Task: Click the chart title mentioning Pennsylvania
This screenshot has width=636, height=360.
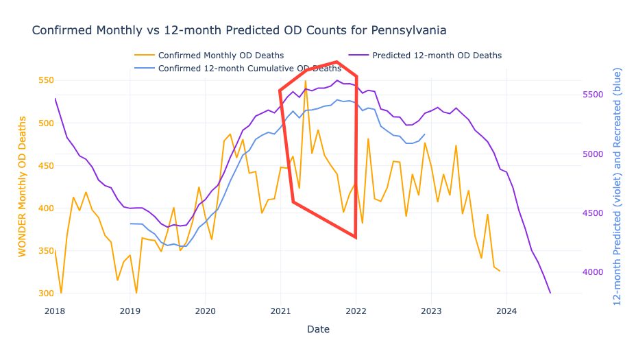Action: [x=239, y=31]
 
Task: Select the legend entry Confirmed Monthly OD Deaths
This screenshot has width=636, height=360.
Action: [x=221, y=56]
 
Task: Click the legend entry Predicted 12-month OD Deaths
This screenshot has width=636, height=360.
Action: [x=437, y=56]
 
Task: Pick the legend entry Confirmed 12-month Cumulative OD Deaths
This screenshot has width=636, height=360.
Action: [x=249, y=69]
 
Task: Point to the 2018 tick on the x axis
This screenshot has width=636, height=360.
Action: [x=55, y=311]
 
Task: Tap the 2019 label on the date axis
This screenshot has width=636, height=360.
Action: [x=130, y=311]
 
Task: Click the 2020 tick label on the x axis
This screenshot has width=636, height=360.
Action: [x=206, y=311]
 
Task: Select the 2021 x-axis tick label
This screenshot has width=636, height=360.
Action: [x=281, y=311]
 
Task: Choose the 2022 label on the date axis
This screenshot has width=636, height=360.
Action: [x=356, y=311]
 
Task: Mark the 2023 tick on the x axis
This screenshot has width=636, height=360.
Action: [x=432, y=311]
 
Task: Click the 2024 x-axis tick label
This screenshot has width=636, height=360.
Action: [x=507, y=311]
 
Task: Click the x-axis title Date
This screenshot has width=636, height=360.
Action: [x=318, y=330]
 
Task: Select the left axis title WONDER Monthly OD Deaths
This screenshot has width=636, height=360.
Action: [x=23, y=187]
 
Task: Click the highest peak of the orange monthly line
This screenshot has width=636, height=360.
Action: [x=306, y=81]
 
